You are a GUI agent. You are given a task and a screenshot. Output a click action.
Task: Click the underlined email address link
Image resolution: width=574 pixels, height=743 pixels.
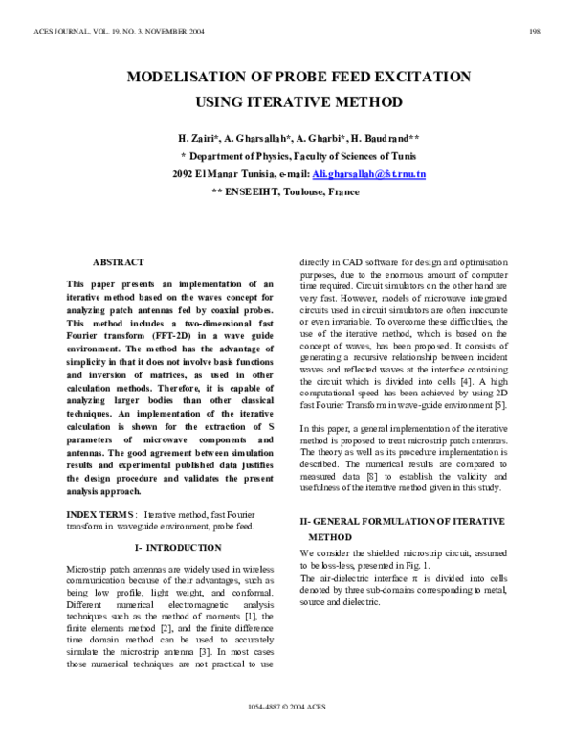(370, 174)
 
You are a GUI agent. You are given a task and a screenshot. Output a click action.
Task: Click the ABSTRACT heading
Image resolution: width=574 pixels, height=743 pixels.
(118, 262)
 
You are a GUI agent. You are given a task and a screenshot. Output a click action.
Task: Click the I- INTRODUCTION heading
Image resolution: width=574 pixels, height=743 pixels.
(178, 548)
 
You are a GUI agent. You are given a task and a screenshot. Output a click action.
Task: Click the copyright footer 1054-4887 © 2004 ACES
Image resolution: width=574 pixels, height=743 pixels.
(286, 733)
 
